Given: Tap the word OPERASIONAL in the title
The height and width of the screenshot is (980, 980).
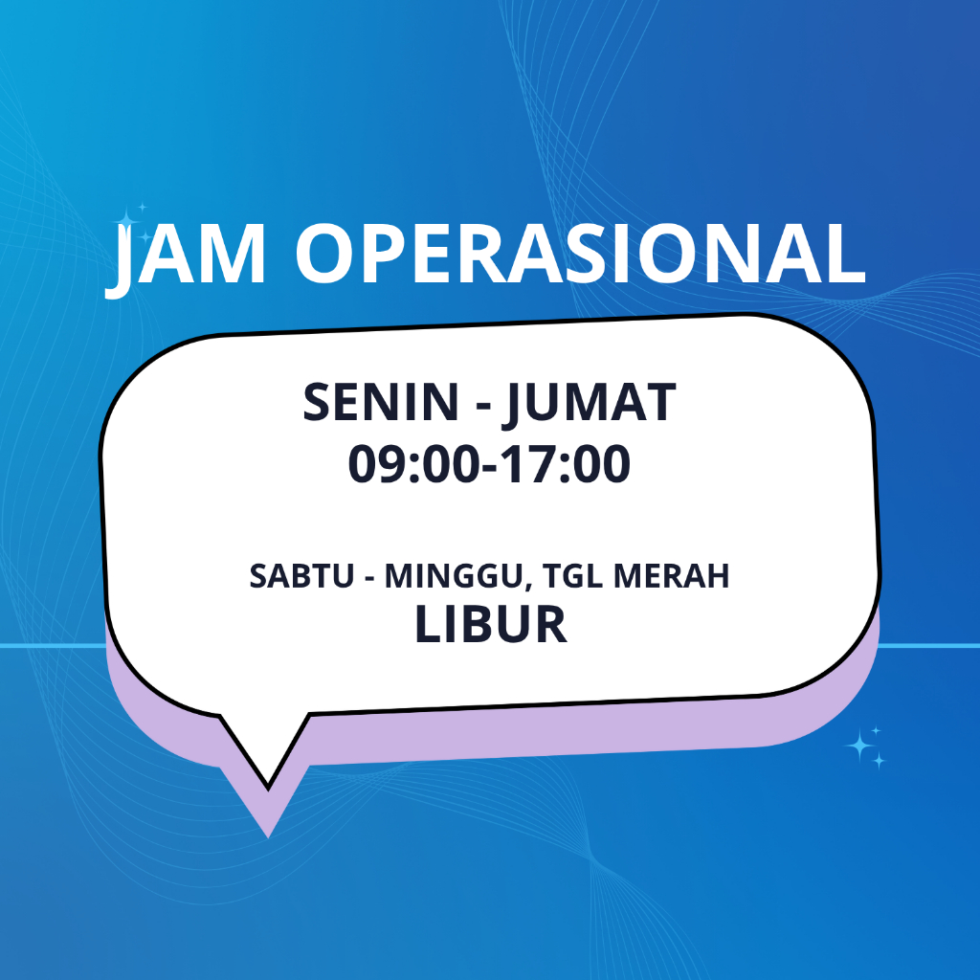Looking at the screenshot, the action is point(581,253).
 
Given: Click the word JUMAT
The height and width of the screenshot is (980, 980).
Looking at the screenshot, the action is point(590,405).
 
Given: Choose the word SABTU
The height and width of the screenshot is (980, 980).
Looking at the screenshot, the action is point(301,575).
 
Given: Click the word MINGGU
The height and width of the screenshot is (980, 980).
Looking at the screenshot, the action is point(453,575).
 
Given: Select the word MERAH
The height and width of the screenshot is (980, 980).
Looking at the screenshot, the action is point(671,575).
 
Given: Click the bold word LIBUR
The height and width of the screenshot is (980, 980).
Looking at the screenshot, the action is point(491,624).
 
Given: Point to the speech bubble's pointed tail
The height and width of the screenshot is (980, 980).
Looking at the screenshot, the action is point(268,787).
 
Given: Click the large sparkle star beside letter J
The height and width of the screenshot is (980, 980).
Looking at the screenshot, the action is point(127,220).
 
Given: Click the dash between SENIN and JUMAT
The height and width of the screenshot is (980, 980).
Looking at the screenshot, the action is point(483,406).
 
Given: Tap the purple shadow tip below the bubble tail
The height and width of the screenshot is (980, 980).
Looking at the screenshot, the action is point(268,834).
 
